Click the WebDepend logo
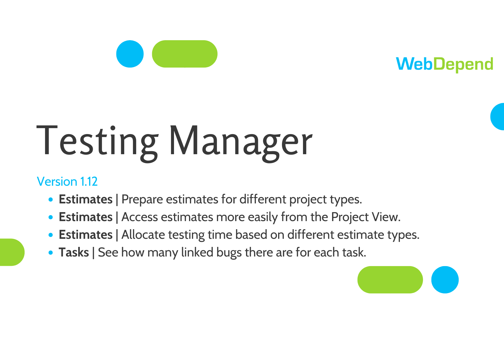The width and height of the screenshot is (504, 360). pyautogui.click(x=444, y=64)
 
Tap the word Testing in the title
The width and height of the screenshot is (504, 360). pyautogui.click(x=97, y=143)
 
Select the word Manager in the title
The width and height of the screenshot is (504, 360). pyautogui.click(x=241, y=143)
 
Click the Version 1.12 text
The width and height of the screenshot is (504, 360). pyautogui.click(x=67, y=181)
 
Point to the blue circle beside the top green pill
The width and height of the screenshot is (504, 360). pyautogui.click(x=130, y=54)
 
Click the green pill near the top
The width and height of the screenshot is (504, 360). pyautogui.click(x=185, y=54)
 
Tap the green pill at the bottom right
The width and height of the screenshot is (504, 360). pyautogui.click(x=390, y=280)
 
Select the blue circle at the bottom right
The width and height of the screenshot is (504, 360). pyautogui.click(x=445, y=280)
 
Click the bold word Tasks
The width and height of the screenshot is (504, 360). pyautogui.click(x=74, y=252)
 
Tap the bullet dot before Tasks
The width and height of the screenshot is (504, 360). pyautogui.click(x=51, y=253)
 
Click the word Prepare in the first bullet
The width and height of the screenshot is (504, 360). pyautogui.click(x=142, y=199)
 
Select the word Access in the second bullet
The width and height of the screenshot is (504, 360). pyautogui.click(x=140, y=217)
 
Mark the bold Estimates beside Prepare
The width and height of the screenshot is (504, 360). pyautogui.click(x=85, y=199)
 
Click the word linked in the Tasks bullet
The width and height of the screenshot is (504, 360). pyautogui.click(x=197, y=252)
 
